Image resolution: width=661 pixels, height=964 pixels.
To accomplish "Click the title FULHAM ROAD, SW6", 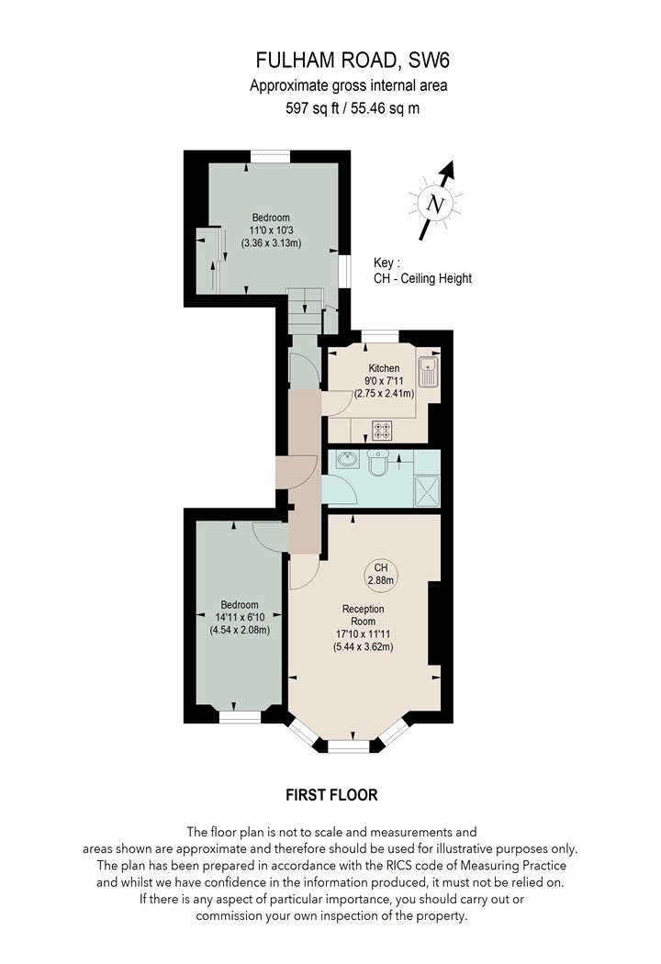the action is coord(353,61).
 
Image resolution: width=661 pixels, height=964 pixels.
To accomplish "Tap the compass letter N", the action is coord(436,204).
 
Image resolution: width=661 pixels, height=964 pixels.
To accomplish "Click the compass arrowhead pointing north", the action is coord(450,170).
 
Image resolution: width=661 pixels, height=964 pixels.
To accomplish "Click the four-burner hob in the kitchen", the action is coord(382,429).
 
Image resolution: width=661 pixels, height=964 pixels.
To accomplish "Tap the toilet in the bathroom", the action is coord(375,463).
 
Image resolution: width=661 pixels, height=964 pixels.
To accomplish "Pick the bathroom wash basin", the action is coord(347,459).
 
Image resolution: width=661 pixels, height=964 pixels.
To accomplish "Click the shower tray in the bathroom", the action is coord(427,490).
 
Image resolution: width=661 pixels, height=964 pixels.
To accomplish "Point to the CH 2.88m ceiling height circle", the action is coord(381,574).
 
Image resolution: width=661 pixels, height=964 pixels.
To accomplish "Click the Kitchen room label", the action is coord(384,368).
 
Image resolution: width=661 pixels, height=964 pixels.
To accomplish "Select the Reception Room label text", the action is coord(363,615).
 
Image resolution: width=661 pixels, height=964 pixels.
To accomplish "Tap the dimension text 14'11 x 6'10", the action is coord(240,617).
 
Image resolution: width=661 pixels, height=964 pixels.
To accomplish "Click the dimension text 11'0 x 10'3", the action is coord(271,230).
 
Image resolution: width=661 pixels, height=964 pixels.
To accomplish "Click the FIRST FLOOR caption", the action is coord(331,795).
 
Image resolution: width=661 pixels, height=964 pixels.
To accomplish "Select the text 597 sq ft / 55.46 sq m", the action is coord(353,108).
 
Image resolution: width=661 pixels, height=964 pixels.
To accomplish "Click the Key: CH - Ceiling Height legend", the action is coord(422,271).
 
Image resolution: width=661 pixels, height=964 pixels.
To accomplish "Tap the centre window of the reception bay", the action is coord(348,745).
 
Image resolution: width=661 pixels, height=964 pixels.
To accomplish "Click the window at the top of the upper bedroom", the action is coord(270,156).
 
